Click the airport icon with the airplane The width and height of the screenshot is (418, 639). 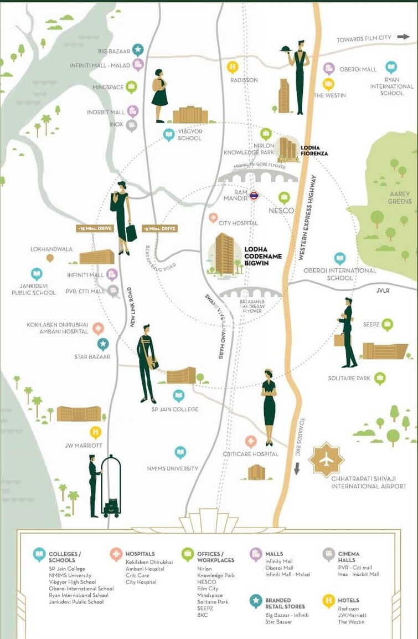coord(326,459)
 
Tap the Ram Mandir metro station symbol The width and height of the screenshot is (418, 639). coord(254,195)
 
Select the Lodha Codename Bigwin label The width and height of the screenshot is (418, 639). coord(262,256)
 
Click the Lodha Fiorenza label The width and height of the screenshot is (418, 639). coord(314,150)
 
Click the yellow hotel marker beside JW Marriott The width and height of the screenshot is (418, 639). coord(96,432)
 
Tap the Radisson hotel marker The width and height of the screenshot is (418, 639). coord(233,68)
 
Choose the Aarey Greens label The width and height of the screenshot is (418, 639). coord(400,197)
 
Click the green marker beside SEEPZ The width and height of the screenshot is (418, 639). coord(387,325)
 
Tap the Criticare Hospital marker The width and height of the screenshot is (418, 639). coord(251,441)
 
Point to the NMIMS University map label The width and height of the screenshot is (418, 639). coord(172,468)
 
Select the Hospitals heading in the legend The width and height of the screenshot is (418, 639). coord(140,554)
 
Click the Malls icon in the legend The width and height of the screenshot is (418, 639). coord(256,554)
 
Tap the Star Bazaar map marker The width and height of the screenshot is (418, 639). coord(103,344)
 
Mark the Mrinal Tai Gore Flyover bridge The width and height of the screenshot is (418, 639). coord(258,176)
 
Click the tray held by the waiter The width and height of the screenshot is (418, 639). coord(287,48)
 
